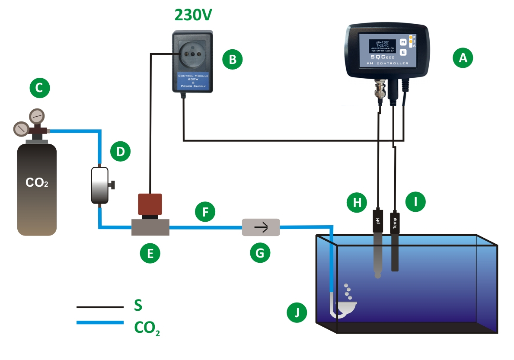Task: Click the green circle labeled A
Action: click(463, 57)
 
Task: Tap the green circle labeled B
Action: click(233, 59)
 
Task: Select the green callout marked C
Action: click(39, 88)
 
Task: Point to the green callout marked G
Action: click(260, 252)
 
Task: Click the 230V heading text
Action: click(193, 15)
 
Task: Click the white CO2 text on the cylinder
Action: click(37, 183)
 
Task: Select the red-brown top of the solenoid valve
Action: click(150, 204)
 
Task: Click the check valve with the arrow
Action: click(261, 227)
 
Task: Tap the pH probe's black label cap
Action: click(378, 221)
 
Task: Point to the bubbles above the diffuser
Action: click(348, 292)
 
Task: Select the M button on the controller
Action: click(403, 42)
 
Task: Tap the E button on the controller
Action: click(403, 52)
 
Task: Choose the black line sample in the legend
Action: click(100, 307)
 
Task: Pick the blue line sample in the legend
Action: click(100, 322)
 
